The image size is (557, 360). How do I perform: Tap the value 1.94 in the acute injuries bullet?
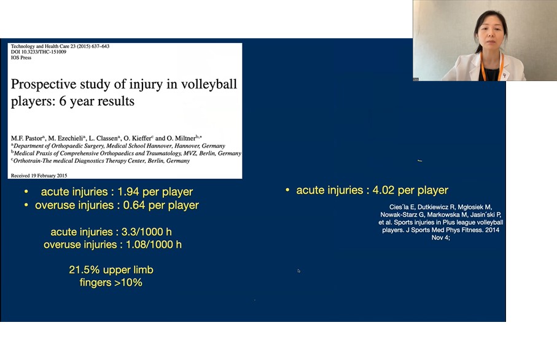coord(128,192)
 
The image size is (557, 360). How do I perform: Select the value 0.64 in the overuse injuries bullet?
coord(134,205)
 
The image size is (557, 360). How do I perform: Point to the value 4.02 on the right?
coord(383,190)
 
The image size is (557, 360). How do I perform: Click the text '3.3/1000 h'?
coord(146,232)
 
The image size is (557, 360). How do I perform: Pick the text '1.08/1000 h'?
coord(154,245)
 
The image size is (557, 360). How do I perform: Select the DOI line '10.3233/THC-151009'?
coord(44,52)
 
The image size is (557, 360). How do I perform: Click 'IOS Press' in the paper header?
coord(21,58)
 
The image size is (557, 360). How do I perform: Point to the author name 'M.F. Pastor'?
coord(27,138)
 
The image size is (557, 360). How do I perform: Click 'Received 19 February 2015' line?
coord(39,176)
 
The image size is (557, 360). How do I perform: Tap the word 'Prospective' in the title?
coord(44,85)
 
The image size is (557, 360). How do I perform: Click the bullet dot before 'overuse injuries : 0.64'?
coord(26,205)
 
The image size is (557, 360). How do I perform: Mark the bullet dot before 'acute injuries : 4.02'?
coord(287,190)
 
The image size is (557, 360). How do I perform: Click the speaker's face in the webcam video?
coord(490,32)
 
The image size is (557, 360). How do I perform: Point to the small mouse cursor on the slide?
coord(298,271)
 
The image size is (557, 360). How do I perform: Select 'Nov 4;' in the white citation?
coord(441,238)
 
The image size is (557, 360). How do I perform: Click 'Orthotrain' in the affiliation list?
coord(26,160)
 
